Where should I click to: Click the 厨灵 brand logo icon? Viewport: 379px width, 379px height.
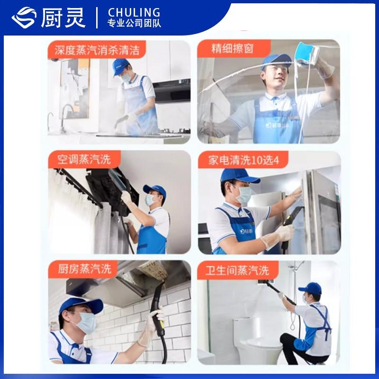point(24,18)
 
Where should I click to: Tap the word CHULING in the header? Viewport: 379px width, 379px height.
point(134,13)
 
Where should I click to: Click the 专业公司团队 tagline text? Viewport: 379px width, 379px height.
point(134,23)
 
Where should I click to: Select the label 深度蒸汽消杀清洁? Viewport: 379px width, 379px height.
point(97,50)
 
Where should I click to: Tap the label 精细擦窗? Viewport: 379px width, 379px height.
point(232,48)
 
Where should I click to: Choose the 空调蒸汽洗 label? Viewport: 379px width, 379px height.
point(84,159)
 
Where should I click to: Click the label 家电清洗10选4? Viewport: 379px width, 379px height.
point(244,160)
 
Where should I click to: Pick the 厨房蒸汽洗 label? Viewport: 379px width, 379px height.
point(85,269)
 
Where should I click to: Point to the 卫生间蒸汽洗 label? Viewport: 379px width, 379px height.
point(237,270)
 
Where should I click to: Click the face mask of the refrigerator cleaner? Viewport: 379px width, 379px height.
point(244,195)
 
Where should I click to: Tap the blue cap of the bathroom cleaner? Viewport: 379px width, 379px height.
point(310,289)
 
